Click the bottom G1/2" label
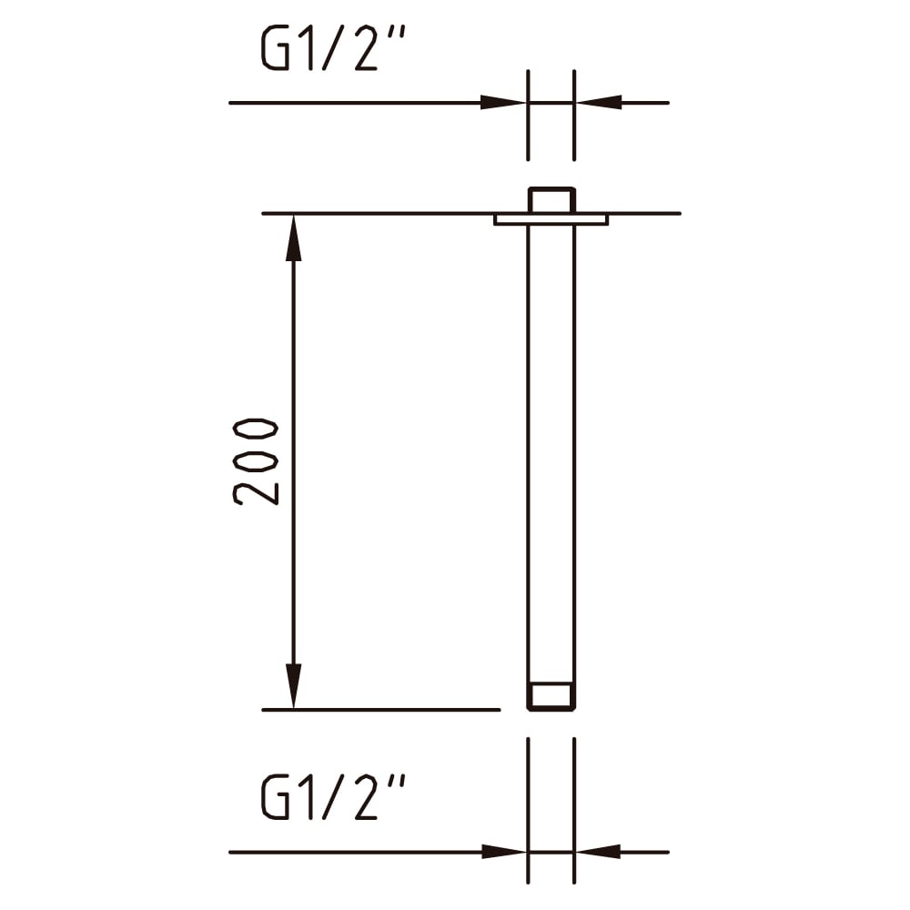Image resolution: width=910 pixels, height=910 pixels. click(332, 797)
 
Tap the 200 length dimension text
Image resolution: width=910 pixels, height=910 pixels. click(256, 461)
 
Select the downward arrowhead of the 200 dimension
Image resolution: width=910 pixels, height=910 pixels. click(294, 685)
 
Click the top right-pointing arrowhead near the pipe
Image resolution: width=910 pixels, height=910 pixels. click(504, 103)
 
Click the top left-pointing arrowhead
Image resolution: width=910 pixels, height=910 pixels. click(599, 103)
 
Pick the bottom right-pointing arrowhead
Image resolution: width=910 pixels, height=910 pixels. click(504, 852)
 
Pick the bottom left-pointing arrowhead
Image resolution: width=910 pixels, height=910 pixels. click(599, 852)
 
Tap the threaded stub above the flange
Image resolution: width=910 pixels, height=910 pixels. click(551, 200)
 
